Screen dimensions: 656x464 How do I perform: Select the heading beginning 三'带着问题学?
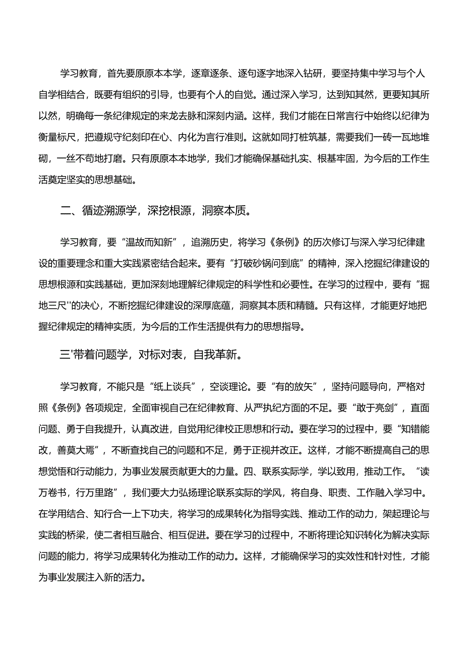coord(151,354)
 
